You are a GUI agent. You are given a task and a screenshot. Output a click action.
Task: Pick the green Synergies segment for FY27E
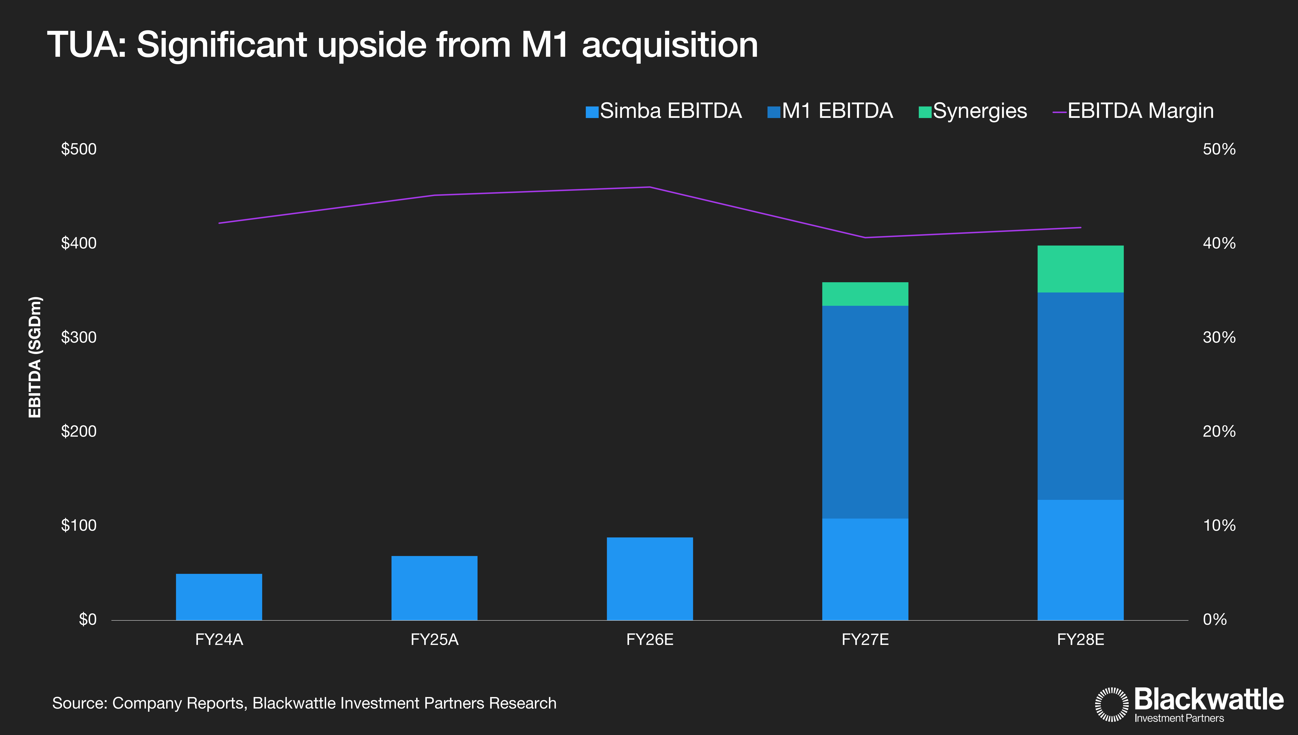(865, 294)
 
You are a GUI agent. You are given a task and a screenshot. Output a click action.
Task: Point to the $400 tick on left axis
(79, 243)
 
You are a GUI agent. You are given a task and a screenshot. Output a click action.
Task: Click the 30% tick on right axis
(1219, 337)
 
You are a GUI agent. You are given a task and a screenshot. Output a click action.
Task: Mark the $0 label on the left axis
(87, 619)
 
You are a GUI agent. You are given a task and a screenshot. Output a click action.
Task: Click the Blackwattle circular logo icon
(1111, 704)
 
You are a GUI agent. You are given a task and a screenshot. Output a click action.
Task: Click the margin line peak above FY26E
(650, 187)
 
